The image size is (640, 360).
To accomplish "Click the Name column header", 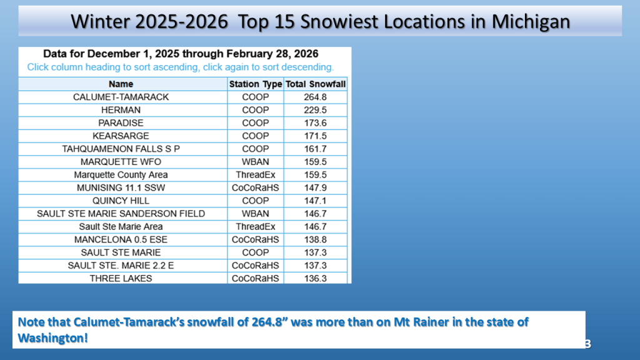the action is coord(121,84).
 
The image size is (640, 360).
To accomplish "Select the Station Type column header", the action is coord(256,84).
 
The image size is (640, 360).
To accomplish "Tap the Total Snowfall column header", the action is coord(316,84).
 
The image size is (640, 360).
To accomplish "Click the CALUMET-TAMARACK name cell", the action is coord(121,97).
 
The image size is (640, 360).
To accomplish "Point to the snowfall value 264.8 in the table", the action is coord(315,97).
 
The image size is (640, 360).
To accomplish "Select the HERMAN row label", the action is coord(121,110).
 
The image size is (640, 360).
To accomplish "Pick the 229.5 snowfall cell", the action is coord(315,110).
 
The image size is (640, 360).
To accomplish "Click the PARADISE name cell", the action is coord(121,123).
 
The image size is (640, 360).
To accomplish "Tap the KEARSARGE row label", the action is coord(121,136).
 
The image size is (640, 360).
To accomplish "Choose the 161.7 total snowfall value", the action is coord(315,149).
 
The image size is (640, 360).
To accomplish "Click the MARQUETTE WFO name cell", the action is coord(121,162).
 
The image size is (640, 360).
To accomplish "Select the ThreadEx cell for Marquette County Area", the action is coord(256,175).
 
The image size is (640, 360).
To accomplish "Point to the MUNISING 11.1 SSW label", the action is coord(121,187).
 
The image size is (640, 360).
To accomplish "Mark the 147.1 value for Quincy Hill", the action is coord(315,201).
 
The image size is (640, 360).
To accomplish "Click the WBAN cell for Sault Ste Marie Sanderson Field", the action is coord(256,214).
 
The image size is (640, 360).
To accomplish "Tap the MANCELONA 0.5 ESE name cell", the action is coord(121,239).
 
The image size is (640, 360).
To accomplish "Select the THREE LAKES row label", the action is coord(121,278).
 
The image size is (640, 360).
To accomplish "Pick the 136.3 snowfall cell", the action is coord(315,278).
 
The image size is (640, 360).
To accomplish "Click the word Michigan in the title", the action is coord(531,22).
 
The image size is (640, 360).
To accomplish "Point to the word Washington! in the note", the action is coord(53,338).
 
